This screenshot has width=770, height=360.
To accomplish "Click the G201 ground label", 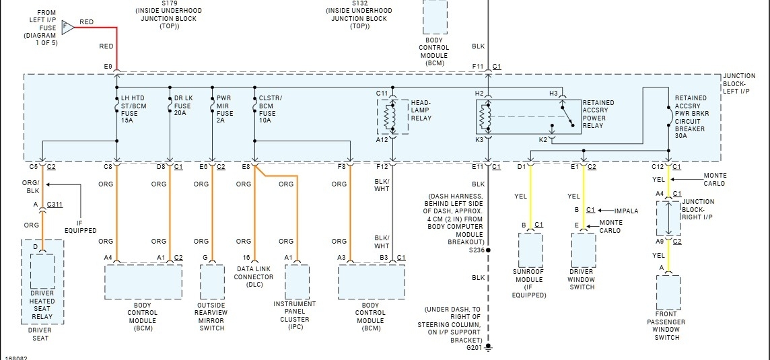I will pyautogui.click(x=475, y=348).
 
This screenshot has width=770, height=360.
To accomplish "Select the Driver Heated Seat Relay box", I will pyautogui.click(x=42, y=273).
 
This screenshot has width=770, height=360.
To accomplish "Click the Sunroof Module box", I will pyautogui.click(x=530, y=250).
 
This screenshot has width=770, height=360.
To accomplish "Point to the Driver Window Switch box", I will pyautogui.click(x=583, y=250).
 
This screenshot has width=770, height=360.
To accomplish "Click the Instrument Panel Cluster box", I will pyautogui.click(x=297, y=283).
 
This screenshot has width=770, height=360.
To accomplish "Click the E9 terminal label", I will pyautogui.click(x=108, y=66).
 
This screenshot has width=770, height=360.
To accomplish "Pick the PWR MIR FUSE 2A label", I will pyautogui.click(x=224, y=106).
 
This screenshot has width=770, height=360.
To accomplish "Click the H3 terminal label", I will pyautogui.click(x=554, y=93).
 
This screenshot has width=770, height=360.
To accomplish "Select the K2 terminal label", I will pyautogui.click(x=542, y=139).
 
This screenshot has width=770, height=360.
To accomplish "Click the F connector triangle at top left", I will pyautogui.click(x=67, y=27).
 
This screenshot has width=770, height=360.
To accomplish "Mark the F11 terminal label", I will pyautogui.click(x=477, y=66).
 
